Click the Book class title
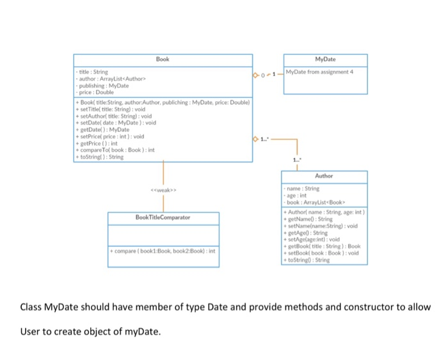point(163,59)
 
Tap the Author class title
point(324,175)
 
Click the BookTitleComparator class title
point(163,217)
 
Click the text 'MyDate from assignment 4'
point(319,72)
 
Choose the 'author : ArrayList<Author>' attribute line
point(108,79)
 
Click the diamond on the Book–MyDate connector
point(257,76)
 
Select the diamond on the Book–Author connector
point(257,138)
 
